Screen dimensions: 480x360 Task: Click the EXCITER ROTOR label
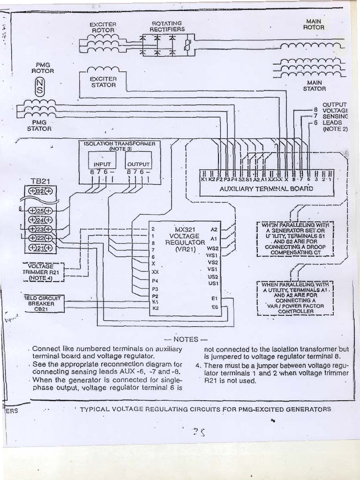point(103,27)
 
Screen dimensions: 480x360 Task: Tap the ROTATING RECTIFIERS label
point(167,26)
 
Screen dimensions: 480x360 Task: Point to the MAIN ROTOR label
point(314,24)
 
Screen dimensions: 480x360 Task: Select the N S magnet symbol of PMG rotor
point(40,86)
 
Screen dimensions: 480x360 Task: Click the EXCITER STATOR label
point(103,82)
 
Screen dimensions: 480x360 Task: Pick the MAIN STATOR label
point(314,85)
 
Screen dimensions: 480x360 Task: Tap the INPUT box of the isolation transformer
point(102,164)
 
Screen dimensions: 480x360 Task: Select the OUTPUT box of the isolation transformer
point(138,164)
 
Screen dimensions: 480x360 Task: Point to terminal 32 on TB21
point(41,191)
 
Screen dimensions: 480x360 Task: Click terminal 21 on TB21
point(41,247)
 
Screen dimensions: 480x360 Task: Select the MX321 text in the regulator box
point(184,229)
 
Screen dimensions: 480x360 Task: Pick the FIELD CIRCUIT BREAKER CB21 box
point(44,303)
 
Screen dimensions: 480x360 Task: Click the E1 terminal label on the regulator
point(214,298)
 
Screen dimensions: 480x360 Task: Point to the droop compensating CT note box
point(295,239)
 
